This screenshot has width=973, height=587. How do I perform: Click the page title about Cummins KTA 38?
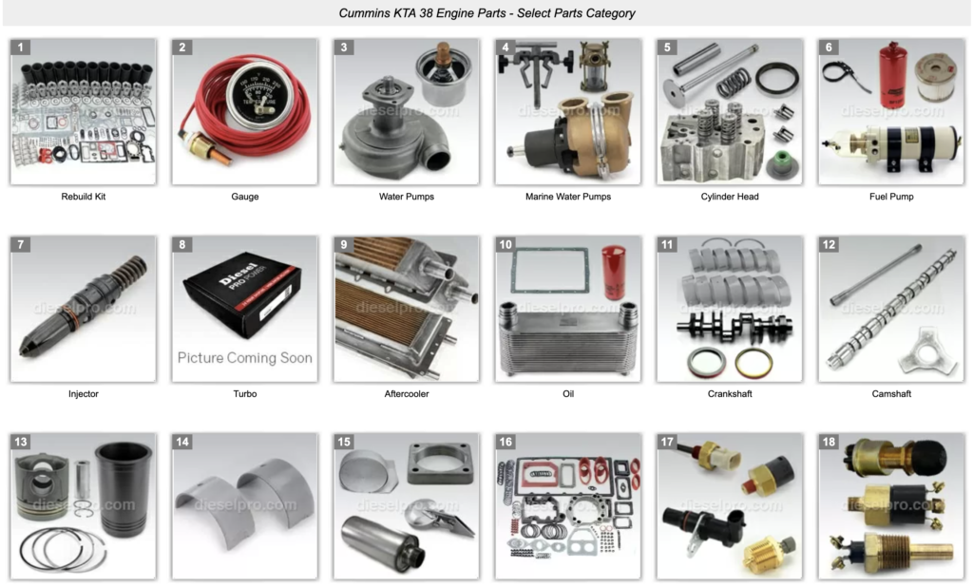click(x=486, y=13)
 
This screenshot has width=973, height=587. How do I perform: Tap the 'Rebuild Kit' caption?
click(x=84, y=197)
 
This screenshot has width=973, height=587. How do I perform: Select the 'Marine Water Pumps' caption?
click(x=568, y=197)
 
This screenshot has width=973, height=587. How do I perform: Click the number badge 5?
click(x=668, y=47)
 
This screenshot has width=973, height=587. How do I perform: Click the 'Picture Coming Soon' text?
click(x=244, y=358)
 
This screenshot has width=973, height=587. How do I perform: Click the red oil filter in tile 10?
click(x=612, y=272)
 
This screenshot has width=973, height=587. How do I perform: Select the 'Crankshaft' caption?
click(x=730, y=393)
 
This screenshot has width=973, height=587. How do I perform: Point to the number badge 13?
click(x=21, y=442)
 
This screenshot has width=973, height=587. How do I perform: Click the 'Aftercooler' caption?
click(x=406, y=393)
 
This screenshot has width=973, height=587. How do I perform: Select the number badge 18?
click(x=830, y=442)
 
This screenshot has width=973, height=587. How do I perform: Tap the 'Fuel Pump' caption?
click(x=891, y=197)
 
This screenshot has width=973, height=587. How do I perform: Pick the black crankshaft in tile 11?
click(x=734, y=327)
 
